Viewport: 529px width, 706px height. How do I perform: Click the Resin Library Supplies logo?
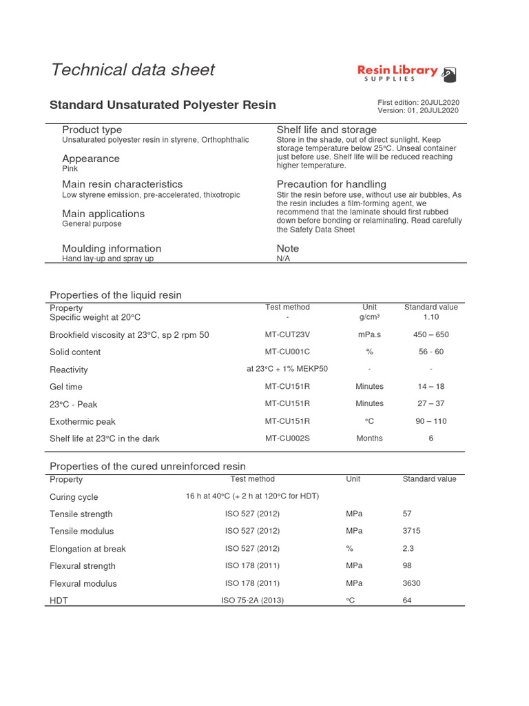[406, 73]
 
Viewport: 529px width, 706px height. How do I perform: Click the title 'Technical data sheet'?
[133, 70]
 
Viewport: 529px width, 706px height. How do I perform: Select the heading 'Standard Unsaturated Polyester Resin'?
[163, 105]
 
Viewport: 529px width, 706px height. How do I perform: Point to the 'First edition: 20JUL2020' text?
[418, 102]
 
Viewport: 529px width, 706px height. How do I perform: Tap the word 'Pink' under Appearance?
[70, 168]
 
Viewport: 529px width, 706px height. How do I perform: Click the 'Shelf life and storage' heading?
[326, 130]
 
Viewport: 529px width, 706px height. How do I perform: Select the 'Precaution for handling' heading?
[331, 184]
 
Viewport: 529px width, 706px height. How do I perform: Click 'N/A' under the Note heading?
[283, 259]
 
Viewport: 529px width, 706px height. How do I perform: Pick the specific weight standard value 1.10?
[431, 317]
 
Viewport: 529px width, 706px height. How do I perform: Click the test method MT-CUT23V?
[287, 334]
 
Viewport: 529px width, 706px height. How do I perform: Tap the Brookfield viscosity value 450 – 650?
[431, 334]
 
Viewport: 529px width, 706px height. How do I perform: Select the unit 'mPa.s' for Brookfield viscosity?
[369, 334]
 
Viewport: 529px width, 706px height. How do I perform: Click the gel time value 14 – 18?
[431, 386]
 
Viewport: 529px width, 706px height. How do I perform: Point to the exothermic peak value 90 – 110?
[431, 421]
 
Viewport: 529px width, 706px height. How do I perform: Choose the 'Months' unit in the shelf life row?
[369, 438]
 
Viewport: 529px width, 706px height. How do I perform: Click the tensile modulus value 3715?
[411, 531]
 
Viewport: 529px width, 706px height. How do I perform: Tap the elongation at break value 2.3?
[408, 549]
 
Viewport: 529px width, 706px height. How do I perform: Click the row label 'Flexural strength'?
[83, 566]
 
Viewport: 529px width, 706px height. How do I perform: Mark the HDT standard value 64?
[407, 601]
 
